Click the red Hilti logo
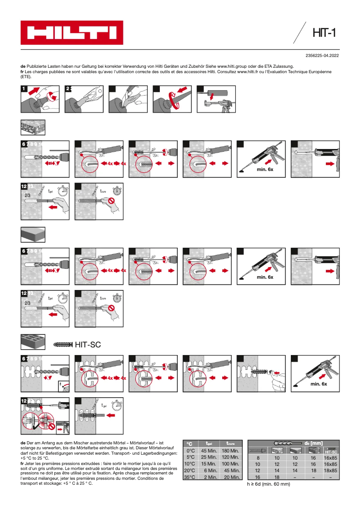pos(72,33)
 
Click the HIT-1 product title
pos(324,33)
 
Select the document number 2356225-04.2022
pos(322,56)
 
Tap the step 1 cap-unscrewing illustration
pos(40,99)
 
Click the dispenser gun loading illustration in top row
pos(216,99)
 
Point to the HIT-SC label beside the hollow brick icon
pos(88,345)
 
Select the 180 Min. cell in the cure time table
pos(230,451)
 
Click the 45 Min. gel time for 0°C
pos(209,451)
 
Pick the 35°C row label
pos(190,477)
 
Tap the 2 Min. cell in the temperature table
pos(209,477)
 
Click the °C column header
pos(190,443)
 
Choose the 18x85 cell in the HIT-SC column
pos(330,470)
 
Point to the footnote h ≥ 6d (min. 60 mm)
pos(269,484)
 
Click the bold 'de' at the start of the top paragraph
pos(23,66)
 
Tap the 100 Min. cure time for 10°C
pos(230,464)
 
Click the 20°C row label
pos(190,470)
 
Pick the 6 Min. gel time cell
pos(209,470)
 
